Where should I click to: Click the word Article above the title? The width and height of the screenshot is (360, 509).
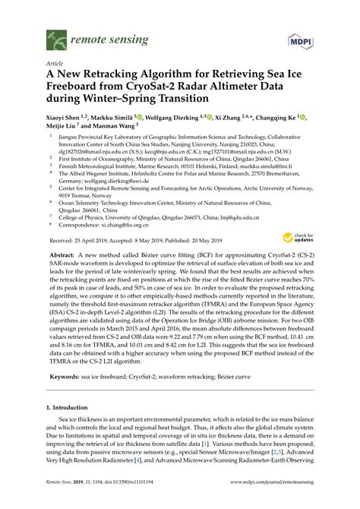[x=55, y=64]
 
